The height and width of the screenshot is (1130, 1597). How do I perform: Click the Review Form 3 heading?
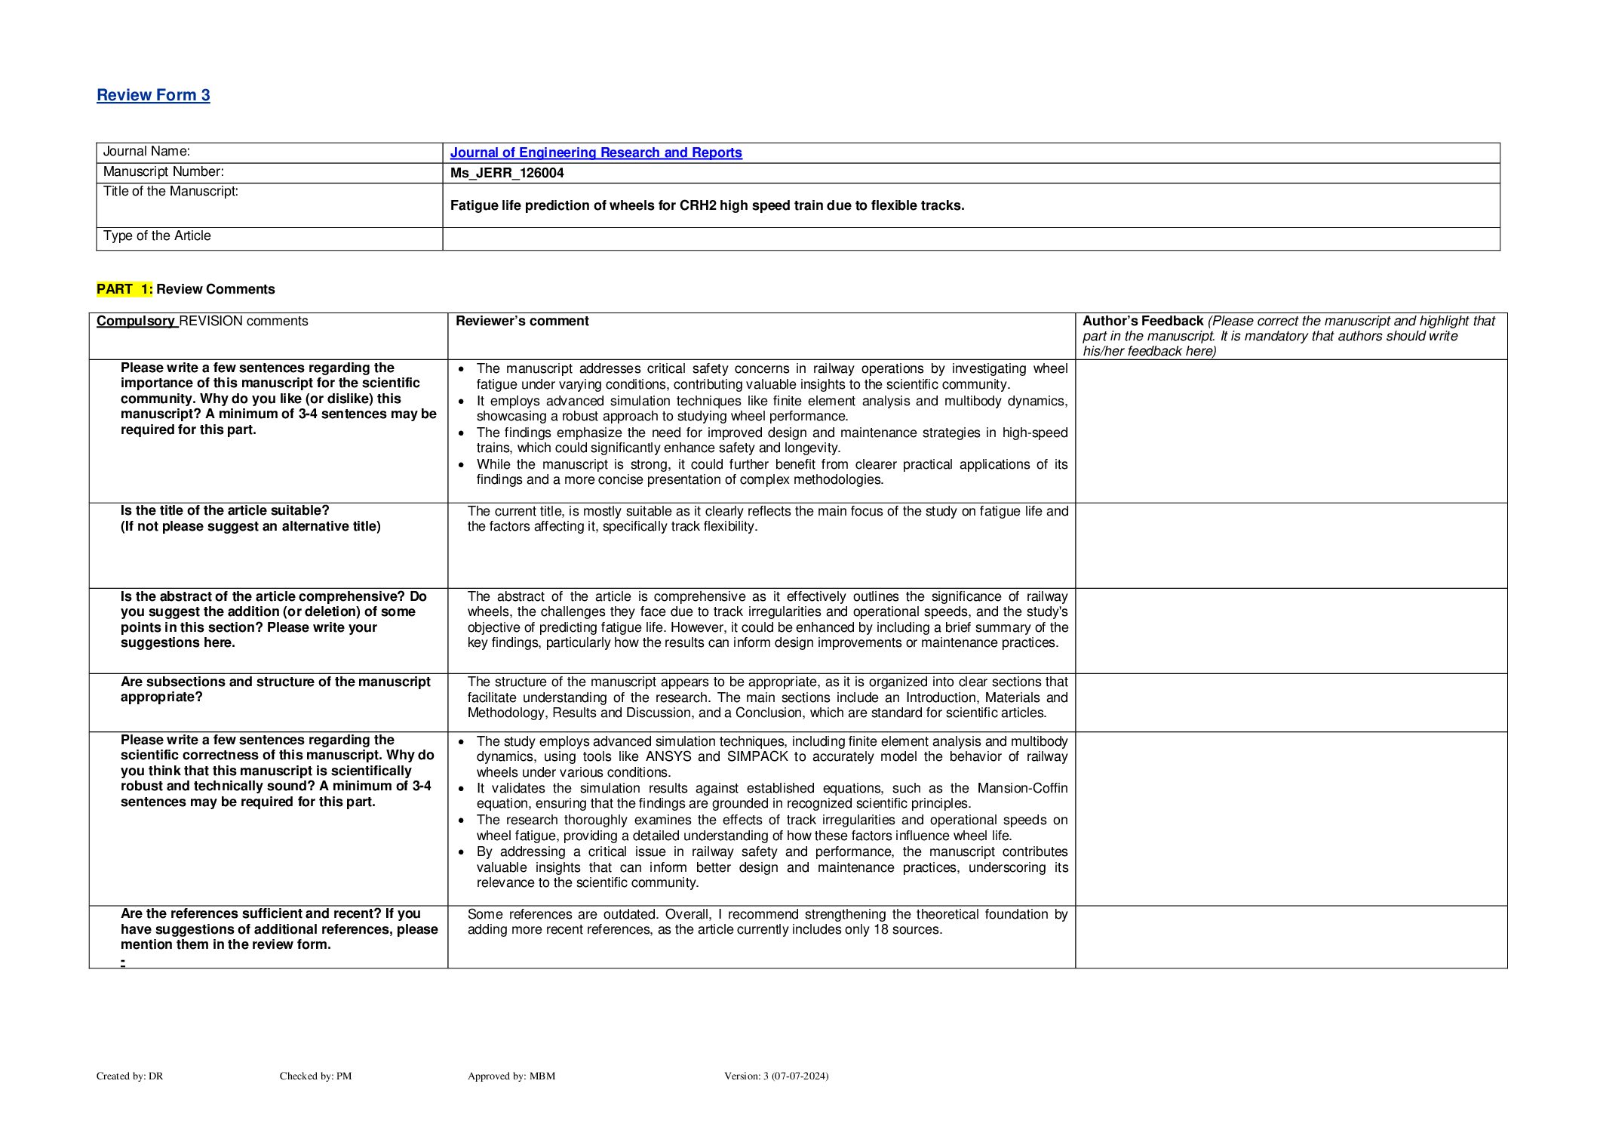[153, 95]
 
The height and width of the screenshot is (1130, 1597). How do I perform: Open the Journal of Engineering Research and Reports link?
[595, 152]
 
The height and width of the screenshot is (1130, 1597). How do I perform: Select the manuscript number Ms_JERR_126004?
[507, 173]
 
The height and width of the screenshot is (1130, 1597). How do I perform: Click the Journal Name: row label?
[146, 152]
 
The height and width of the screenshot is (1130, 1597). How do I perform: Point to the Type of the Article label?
[157, 236]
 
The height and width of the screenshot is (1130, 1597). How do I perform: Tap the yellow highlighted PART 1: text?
[124, 289]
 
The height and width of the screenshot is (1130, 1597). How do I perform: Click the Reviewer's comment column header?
[522, 321]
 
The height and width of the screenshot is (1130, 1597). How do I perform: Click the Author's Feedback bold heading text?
[1142, 321]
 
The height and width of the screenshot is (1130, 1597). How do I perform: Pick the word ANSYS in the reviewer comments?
[668, 756]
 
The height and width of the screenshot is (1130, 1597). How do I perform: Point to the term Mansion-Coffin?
[1022, 788]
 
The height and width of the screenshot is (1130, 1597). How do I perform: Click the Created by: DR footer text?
[130, 1076]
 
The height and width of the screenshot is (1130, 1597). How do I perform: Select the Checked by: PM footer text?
[315, 1076]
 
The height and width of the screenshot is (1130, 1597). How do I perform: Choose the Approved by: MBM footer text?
[511, 1076]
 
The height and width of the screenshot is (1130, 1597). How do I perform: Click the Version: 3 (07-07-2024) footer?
[776, 1076]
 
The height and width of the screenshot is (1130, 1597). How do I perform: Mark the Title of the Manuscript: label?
[170, 192]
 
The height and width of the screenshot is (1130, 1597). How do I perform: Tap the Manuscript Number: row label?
[163, 172]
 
